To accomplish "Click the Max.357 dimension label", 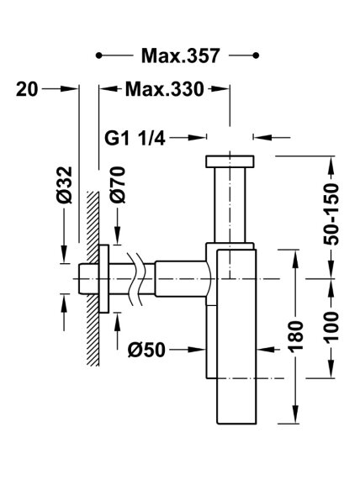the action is click(x=180, y=55).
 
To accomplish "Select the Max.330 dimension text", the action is click(x=164, y=89).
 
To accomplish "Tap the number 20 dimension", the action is click(x=27, y=89).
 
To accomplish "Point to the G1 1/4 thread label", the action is click(x=135, y=138).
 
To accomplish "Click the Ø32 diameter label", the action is click(x=65, y=185).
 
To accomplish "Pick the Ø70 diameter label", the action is click(x=118, y=185).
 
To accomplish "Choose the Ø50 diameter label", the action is click(x=146, y=350).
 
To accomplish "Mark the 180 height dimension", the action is click(x=295, y=335).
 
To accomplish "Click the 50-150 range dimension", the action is click(x=331, y=214).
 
